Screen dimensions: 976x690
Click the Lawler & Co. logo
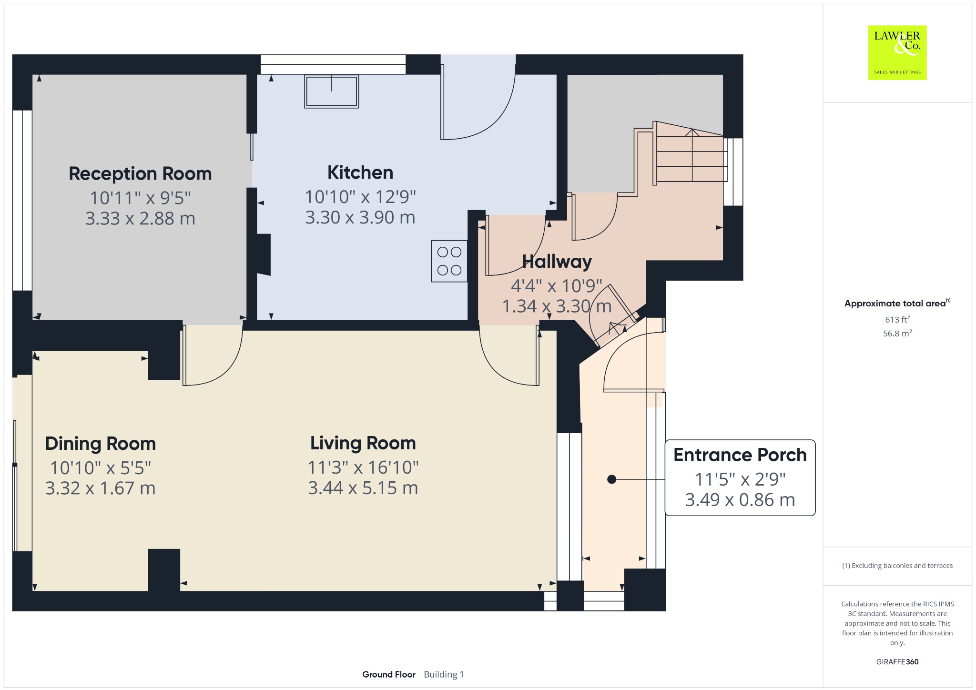click(x=897, y=52)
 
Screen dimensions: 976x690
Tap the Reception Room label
click(x=140, y=174)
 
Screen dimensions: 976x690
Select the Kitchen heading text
click(x=360, y=172)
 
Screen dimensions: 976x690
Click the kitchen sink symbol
click(x=332, y=91)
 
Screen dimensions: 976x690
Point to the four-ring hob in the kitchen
click(x=449, y=261)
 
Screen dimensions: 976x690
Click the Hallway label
click(x=557, y=262)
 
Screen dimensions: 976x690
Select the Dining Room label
click(x=101, y=444)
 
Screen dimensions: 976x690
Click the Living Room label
click(x=363, y=443)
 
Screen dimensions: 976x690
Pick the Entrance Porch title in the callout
click(x=740, y=455)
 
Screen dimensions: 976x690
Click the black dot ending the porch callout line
click(x=612, y=479)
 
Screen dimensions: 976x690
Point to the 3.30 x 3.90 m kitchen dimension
click(x=360, y=217)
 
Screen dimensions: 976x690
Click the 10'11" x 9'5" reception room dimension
click(x=140, y=197)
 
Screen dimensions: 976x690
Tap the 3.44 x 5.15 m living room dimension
click(x=363, y=488)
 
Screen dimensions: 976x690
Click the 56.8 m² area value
click(x=897, y=333)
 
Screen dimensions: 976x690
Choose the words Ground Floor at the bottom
click(x=389, y=674)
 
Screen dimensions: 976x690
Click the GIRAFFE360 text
click(x=897, y=661)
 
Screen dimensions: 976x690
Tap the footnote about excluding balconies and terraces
click(x=897, y=566)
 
